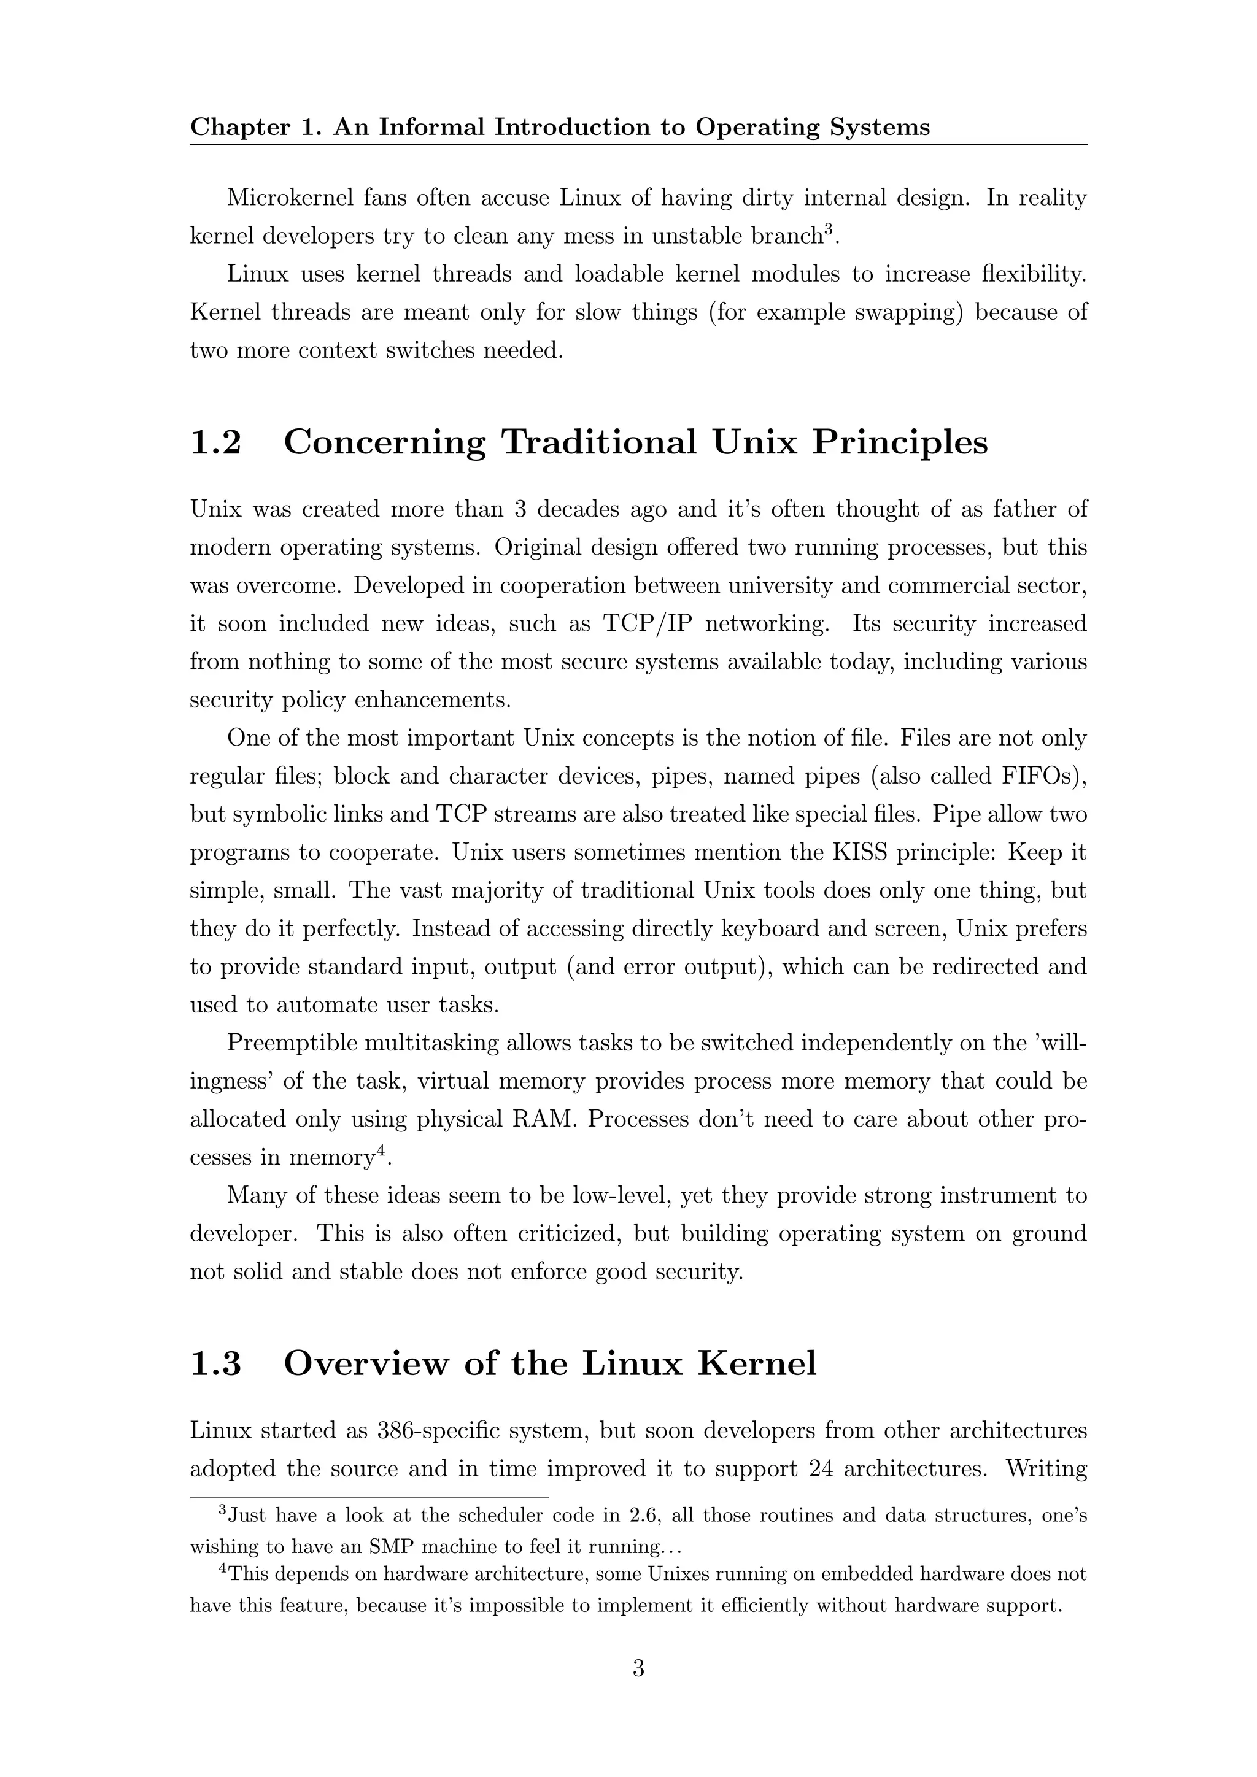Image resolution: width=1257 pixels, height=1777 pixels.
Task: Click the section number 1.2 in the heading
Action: coord(216,442)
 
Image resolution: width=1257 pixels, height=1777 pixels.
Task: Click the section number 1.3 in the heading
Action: coord(216,1363)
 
